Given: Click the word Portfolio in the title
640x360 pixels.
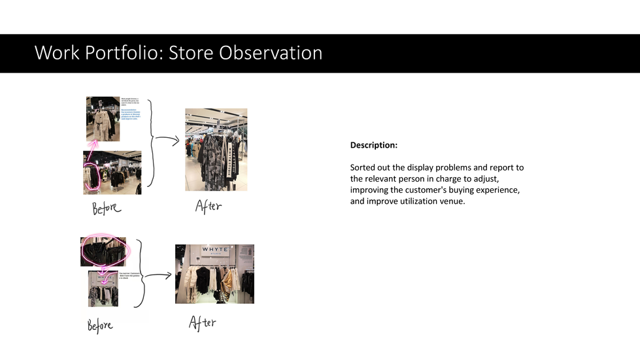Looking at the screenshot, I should tap(124, 53).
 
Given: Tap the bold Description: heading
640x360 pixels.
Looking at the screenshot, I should tap(373, 145).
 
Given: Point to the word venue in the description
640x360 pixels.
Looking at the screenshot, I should tap(450, 201).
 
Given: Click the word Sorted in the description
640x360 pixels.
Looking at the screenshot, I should tap(363, 168).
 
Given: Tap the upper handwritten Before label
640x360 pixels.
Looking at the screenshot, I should tap(106, 208).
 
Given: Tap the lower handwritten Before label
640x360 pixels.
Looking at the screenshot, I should tap(99, 325).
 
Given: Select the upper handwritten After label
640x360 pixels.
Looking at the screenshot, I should tap(208, 206).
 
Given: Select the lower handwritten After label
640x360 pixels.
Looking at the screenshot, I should tap(202, 323).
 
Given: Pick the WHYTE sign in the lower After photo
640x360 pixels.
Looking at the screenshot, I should tap(215, 250).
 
